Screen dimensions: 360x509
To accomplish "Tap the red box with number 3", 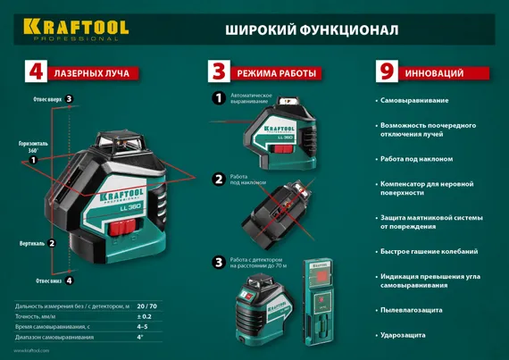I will coord(219,71).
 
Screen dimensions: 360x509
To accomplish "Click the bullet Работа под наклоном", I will coord(416,158).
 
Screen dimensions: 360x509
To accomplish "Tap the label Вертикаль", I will coord(31,243).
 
